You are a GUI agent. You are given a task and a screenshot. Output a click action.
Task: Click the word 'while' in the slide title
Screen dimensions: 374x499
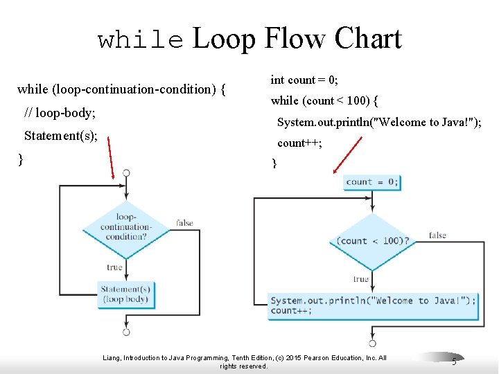pos(141,40)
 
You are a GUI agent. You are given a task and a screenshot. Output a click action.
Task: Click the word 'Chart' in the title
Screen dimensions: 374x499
pos(367,39)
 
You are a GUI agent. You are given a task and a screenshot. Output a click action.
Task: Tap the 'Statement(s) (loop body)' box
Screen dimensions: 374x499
pos(125,294)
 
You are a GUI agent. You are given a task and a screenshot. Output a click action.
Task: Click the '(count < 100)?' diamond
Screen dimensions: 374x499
pos(372,241)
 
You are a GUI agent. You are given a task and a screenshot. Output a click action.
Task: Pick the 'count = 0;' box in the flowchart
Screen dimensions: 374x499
pos(372,182)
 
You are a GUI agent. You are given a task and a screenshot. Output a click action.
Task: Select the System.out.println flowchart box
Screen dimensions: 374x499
pos(373,305)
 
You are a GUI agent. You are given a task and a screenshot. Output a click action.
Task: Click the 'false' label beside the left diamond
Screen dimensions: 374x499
pos(184,223)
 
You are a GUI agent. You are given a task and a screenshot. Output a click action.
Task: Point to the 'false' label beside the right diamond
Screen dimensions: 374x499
pos(437,235)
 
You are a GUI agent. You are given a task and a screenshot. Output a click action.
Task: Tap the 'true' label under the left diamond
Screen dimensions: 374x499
pos(114,267)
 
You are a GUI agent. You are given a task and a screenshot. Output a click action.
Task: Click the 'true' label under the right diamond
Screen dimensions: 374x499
pos(360,279)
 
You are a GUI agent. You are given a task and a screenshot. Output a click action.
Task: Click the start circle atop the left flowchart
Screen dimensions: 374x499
pos(126,172)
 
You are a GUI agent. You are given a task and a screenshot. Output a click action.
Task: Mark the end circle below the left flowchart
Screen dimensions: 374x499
pos(126,332)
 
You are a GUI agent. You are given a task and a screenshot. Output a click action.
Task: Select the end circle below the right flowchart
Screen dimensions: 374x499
pos(372,343)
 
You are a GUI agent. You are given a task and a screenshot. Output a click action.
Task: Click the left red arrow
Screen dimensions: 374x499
pos(112,157)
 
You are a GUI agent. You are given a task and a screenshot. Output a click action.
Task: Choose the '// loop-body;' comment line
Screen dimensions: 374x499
pos(60,112)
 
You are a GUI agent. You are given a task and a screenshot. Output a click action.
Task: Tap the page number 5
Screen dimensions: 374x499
pos(454,361)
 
